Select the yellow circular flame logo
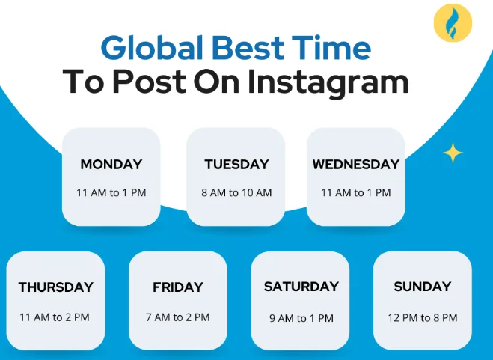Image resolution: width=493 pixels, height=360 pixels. (x=453, y=22)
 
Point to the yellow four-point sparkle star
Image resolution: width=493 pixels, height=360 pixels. (x=453, y=153)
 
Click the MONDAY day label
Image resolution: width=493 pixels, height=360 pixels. (x=111, y=165)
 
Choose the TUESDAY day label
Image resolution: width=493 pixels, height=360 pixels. (x=236, y=165)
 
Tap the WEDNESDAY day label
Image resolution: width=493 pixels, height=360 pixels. (x=356, y=165)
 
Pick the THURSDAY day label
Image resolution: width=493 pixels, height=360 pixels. (x=56, y=287)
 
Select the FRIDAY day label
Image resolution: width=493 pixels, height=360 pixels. (x=178, y=287)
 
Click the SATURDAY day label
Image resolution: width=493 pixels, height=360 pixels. (x=301, y=287)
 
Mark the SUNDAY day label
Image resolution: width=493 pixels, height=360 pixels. (x=423, y=287)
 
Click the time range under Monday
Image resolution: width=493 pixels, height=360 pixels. (x=111, y=192)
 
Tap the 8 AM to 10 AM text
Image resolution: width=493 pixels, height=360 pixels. (x=236, y=192)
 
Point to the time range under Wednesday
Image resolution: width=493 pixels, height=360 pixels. (x=356, y=192)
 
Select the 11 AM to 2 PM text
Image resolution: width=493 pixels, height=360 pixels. (x=55, y=317)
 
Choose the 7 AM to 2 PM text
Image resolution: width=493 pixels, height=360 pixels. (x=178, y=317)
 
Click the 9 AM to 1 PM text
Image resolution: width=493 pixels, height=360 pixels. (x=301, y=318)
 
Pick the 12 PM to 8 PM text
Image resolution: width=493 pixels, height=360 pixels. (x=423, y=318)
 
